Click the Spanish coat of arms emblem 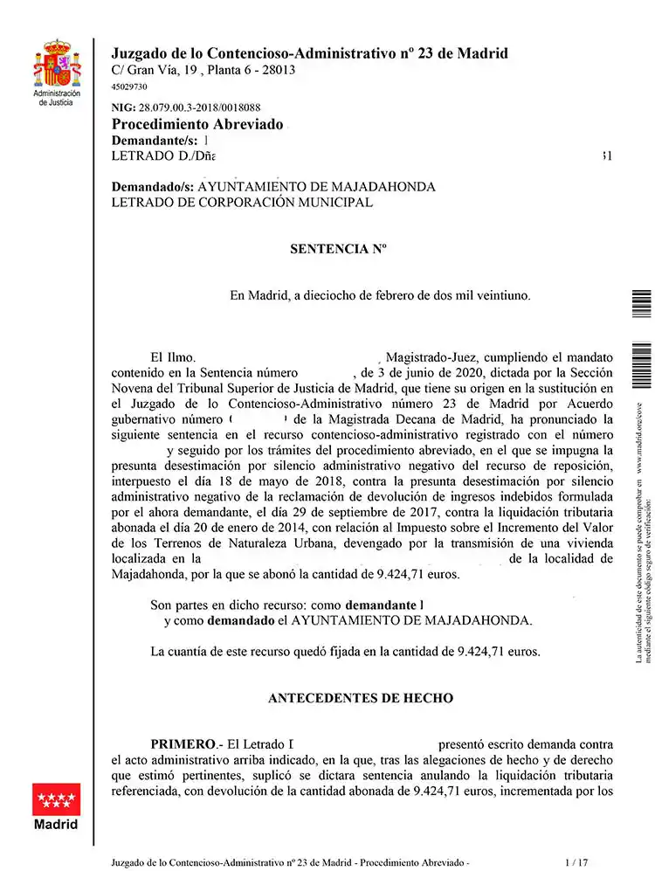tap(57, 64)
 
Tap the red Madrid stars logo tap(56, 799)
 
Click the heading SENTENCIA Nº tap(337, 249)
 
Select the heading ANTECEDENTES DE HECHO tap(360, 698)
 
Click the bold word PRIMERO tap(182, 744)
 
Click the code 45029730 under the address tap(129, 87)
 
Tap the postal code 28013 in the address tap(278, 70)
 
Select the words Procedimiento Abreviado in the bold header tap(197, 124)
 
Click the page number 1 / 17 tap(577, 861)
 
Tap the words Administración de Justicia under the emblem tap(56, 98)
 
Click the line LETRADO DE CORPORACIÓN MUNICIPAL tap(242, 203)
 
